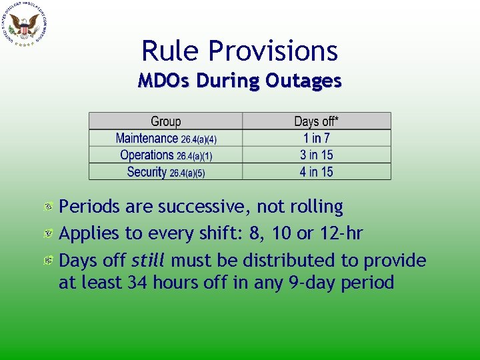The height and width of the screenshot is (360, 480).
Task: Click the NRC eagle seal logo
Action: click(x=25, y=25)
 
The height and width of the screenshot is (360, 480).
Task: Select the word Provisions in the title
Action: click(x=273, y=51)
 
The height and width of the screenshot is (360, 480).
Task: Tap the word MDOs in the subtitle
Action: click(x=162, y=81)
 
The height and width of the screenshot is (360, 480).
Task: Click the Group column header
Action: click(x=165, y=121)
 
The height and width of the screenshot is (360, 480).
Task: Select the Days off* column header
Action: click(x=316, y=121)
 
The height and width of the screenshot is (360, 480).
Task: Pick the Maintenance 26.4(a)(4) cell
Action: click(x=166, y=138)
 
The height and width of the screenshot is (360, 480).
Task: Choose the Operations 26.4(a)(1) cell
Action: click(x=166, y=155)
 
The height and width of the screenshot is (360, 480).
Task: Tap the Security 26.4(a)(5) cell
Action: click(x=166, y=171)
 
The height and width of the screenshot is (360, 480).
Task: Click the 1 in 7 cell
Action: click(x=316, y=138)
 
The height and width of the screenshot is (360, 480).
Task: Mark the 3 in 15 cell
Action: click(x=316, y=155)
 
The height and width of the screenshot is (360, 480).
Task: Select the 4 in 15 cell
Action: click(x=316, y=171)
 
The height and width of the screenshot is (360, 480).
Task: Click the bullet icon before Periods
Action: click(x=49, y=208)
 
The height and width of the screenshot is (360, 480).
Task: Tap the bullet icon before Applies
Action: click(x=49, y=234)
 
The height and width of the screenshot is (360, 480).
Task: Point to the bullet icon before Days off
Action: click(x=49, y=260)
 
